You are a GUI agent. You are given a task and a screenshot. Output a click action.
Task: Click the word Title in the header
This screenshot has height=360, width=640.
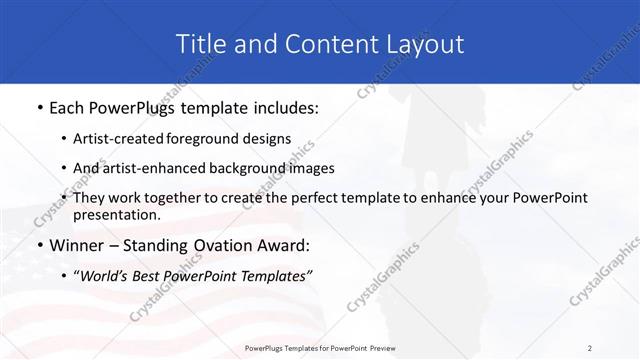pos(201,44)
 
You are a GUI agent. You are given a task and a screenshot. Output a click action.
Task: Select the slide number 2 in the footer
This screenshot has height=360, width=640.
pos(590,348)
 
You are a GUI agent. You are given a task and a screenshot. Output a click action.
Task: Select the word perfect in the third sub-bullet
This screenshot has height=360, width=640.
pos(295,198)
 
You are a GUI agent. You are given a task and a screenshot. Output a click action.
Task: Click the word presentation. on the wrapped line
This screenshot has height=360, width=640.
pos(117,214)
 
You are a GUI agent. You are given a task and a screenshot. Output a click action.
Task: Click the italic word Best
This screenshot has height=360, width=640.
pos(155,275)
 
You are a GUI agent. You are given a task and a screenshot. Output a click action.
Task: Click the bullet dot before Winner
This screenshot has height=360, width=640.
pos(38,245)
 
